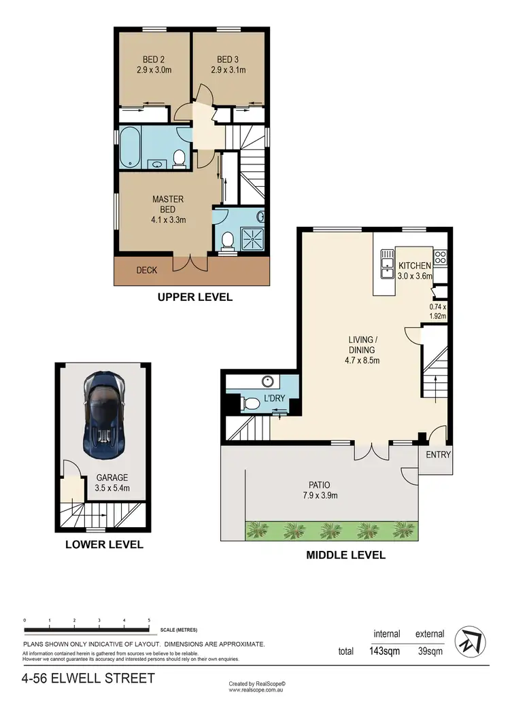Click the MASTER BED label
[169, 209]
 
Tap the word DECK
[147, 270]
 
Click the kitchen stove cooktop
[440, 257]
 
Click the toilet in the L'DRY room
[251, 403]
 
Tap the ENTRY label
[439, 454]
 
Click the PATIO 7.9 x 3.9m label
[320, 490]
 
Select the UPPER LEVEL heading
[195, 297]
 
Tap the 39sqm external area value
[430, 651]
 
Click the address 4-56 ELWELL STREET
[88, 678]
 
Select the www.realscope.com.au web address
[256, 690]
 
